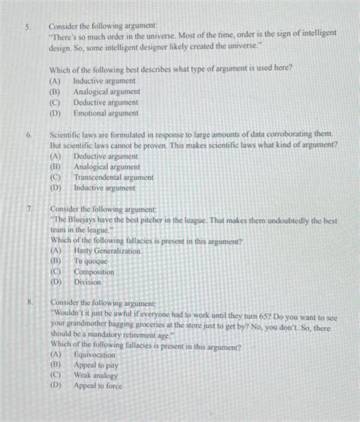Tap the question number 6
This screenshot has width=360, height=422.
(27, 134)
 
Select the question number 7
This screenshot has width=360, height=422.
(28, 208)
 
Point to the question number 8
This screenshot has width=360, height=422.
(28, 302)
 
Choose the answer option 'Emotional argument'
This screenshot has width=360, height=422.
(106, 113)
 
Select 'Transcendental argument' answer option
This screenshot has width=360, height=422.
(113, 178)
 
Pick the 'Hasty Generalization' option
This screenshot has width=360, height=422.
(106, 250)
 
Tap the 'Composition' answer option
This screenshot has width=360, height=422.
(93, 272)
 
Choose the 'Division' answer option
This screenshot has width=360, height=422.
(87, 282)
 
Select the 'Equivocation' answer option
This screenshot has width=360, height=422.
(94, 354)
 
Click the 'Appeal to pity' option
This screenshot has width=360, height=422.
(96, 365)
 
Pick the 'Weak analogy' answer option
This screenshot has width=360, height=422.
(96, 375)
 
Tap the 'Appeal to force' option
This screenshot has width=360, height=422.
(97, 386)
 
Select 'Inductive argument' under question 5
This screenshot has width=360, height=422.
(104, 80)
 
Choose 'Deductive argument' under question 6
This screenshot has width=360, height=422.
(106, 156)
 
